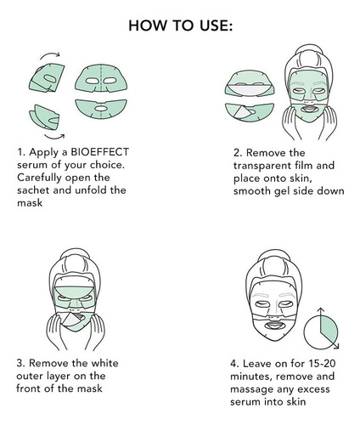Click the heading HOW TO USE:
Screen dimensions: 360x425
click(x=180, y=25)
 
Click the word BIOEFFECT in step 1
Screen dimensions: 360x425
click(x=99, y=152)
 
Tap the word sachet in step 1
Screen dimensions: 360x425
click(x=33, y=190)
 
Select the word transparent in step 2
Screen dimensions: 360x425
click(x=262, y=166)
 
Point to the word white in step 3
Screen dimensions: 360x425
click(x=104, y=363)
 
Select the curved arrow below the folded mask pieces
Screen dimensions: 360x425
click(x=54, y=137)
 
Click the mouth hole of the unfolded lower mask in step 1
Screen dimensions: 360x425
click(x=101, y=108)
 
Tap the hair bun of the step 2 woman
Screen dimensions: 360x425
click(x=308, y=54)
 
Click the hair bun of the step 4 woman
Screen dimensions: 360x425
click(x=274, y=258)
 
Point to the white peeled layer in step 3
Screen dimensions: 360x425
click(x=71, y=320)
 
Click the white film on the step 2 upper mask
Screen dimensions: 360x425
click(x=249, y=89)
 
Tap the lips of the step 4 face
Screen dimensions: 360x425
click(x=274, y=325)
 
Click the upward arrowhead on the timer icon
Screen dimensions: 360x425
click(x=320, y=309)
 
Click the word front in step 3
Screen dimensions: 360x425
click(x=27, y=388)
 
